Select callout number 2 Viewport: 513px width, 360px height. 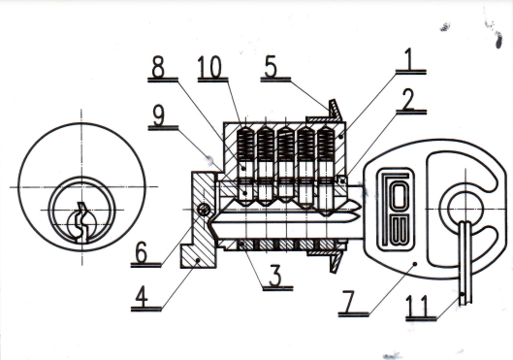[x=407, y=99]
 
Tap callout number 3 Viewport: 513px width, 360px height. [x=275, y=275]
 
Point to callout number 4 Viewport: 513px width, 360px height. [x=143, y=296]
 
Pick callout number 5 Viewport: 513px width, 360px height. [x=271, y=67]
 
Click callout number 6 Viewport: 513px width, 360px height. [x=142, y=252]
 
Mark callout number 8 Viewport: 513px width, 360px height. [x=158, y=67]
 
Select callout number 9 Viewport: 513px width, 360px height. [x=159, y=115]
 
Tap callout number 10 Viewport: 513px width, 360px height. [x=210, y=67]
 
